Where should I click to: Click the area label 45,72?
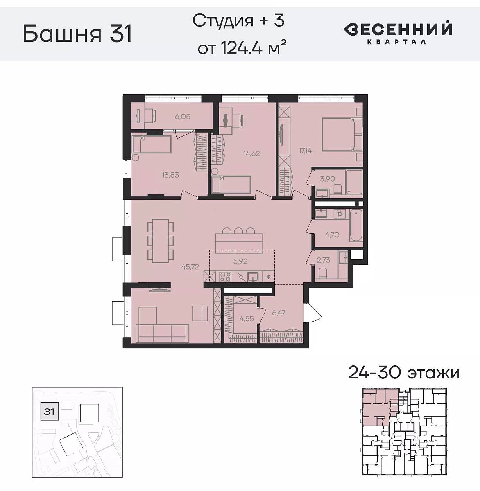click(190, 267)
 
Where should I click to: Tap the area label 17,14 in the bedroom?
click(305, 151)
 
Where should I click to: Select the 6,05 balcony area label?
click(183, 117)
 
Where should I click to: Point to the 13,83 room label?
click(170, 175)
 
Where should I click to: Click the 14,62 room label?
click(251, 154)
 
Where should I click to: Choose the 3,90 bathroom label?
click(327, 179)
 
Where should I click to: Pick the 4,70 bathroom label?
click(332, 235)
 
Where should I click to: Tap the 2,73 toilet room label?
click(323, 260)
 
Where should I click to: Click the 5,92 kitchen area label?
click(240, 261)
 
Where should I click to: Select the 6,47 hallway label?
click(278, 313)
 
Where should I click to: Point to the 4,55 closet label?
click(247, 319)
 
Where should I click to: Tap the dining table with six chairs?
click(160, 241)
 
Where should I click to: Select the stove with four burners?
click(225, 277)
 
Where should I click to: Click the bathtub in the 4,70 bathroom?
click(356, 225)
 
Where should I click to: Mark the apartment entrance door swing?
click(313, 312)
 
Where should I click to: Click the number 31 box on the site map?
click(49, 411)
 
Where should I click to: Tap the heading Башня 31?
click(77, 34)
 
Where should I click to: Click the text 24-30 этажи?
click(403, 373)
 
